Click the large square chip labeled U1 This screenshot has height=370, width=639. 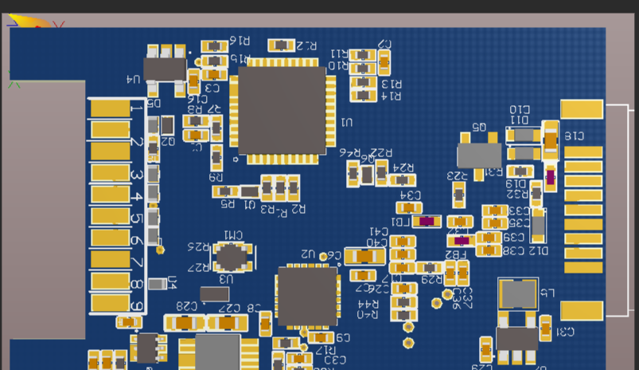282,110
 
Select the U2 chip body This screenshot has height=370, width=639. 306,296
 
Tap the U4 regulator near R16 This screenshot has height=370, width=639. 164,69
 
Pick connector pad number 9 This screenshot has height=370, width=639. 110,303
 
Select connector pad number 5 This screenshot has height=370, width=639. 110,216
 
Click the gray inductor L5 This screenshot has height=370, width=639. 517,293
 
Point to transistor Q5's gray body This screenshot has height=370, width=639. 479,155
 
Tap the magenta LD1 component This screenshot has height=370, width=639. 427,221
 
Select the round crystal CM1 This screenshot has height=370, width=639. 232,257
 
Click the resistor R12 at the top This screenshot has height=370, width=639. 282,45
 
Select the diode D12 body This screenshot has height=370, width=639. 539,226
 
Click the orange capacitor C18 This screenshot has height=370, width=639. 550,141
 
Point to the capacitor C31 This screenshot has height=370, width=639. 545,327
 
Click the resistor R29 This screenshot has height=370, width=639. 430,268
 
